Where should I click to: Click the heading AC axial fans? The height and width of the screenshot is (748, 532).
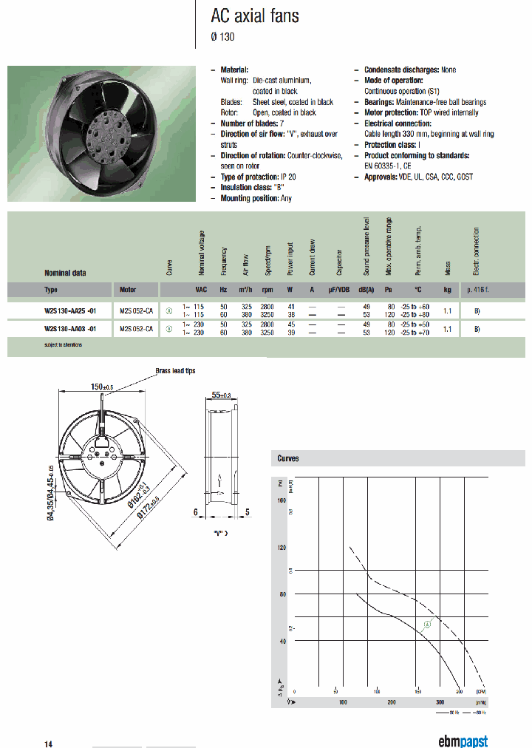[x=255, y=16]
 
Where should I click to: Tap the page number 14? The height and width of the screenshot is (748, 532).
[x=48, y=742]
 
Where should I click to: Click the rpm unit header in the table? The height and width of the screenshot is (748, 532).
[x=267, y=289]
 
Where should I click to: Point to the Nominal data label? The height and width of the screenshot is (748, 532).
[x=65, y=273]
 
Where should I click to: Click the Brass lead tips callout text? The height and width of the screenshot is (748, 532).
[x=175, y=371]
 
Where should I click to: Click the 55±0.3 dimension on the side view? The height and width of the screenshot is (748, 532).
[x=219, y=396]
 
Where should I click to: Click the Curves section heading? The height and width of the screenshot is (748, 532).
[x=288, y=458]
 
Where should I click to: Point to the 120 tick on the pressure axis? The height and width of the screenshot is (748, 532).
[x=281, y=548]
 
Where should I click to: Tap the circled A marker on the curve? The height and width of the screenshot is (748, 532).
[x=427, y=625]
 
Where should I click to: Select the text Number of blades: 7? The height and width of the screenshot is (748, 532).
[x=252, y=123]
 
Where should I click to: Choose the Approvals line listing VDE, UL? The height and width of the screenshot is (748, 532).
[x=418, y=177]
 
